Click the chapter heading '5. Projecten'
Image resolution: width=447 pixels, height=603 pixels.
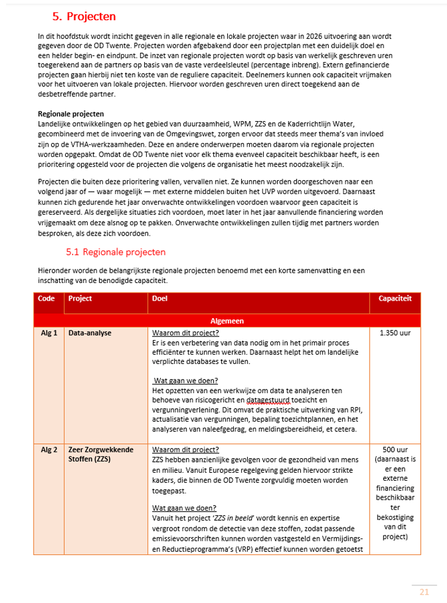(x=85, y=16)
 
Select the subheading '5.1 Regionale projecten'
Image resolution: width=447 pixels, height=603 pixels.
(x=115, y=251)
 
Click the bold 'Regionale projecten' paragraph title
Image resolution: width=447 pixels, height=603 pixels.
(x=71, y=114)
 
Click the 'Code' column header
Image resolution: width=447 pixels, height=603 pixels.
(x=46, y=299)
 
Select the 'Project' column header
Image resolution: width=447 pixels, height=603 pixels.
(x=80, y=299)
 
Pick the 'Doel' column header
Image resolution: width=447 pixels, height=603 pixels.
(x=159, y=299)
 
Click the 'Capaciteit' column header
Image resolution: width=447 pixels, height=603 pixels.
(x=395, y=299)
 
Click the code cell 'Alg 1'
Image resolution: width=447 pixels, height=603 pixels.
(x=49, y=333)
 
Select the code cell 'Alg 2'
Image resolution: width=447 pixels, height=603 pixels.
(x=49, y=450)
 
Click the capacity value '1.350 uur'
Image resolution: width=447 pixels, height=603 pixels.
(x=395, y=333)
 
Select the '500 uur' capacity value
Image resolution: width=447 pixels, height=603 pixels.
(x=395, y=450)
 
